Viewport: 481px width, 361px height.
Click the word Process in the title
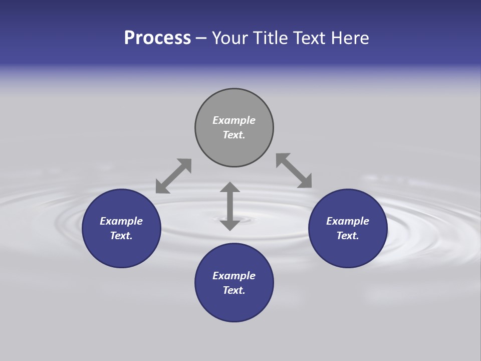pos(157,38)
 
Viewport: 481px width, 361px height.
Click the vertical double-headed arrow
pos(230,206)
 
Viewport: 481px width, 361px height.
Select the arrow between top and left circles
pos(173,176)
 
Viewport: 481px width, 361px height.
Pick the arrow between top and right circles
pos(294,171)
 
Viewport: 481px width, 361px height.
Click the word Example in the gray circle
pos(234,120)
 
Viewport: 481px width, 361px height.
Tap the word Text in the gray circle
pos(234,135)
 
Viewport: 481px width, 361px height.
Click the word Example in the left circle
pos(121,221)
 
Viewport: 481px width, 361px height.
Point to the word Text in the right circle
pos(348,236)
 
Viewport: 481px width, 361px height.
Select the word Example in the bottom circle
pos(234,276)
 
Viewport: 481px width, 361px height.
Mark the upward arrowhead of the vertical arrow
pos(230,188)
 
